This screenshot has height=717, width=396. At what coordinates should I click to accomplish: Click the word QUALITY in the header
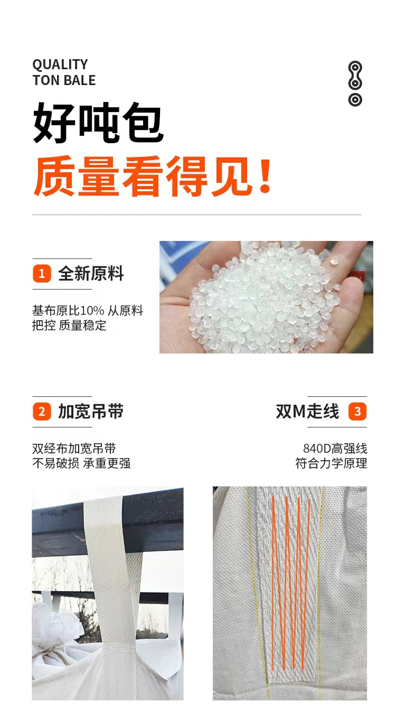[60, 64]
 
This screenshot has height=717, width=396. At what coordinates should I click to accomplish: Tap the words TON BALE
[64, 80]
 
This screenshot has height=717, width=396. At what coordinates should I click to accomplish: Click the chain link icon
[355, 83]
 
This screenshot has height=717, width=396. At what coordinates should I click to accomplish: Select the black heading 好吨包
[99, 123]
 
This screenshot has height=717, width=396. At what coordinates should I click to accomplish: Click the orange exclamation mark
[265, 176]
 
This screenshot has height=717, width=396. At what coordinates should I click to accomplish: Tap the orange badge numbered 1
[42, 274]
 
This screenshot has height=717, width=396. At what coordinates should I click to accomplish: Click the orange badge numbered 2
[42, 412]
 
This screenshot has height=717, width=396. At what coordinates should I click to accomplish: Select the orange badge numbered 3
[357, 412]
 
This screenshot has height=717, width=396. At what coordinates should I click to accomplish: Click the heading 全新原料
[91, 274]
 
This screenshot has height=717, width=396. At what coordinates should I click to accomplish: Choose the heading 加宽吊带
[91, 412]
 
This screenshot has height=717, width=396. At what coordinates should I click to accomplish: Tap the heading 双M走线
[307, 412]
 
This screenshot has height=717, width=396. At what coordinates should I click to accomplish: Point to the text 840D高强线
[335, 449]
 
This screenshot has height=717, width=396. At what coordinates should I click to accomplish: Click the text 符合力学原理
[331, 463]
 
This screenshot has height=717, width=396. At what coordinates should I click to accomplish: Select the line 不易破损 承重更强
[81, 463]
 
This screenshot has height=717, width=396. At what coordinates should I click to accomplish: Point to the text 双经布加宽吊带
[74, 449]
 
